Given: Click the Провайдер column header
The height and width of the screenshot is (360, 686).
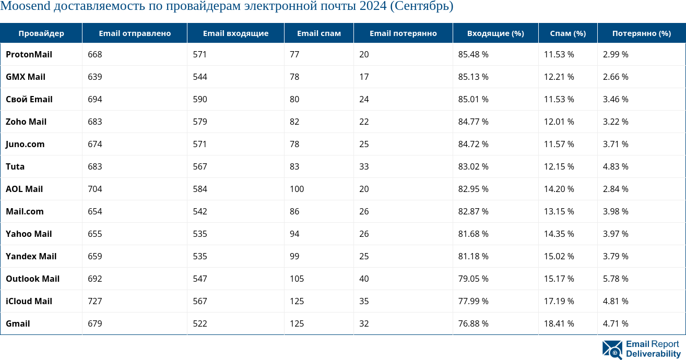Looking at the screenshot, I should pos(41,33).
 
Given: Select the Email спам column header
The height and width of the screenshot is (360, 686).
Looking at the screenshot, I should pos(318,33).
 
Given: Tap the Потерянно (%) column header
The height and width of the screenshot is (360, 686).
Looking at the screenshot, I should pos(641,33).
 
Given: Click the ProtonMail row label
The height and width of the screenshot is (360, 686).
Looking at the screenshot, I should pos(29,54).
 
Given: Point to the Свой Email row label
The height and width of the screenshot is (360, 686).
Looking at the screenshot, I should pos(29,99).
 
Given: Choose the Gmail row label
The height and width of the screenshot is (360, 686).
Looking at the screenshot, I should pos(18,323).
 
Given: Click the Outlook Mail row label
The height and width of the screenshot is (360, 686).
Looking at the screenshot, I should pos(32,279).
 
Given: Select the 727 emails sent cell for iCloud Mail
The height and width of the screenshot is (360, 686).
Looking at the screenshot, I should pos(95,301).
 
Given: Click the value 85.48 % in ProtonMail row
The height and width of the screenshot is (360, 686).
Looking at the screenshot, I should pos(473,54).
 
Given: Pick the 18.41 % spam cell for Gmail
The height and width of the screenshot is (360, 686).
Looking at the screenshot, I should pos(559,323).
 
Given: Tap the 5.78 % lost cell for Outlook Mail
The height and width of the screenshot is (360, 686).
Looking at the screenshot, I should pos(616,279).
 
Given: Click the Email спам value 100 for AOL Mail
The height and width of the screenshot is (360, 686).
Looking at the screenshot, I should pos(297,189).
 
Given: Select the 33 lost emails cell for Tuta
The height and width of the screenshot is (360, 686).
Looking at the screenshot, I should pos(364,166).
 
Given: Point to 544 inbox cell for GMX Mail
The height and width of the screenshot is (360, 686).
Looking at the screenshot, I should pos(200,77).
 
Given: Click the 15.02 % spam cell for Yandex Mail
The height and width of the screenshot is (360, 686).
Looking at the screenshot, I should pos(559,256).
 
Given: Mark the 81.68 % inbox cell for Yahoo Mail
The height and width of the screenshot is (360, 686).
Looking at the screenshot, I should pos(473,234).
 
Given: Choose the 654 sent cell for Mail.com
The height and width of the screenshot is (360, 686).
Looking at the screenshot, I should pos(95,211).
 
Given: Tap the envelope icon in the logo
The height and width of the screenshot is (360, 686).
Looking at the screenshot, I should pos(612,350).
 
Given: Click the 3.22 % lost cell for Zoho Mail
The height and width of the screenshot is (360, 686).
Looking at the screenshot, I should pos(616,122).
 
